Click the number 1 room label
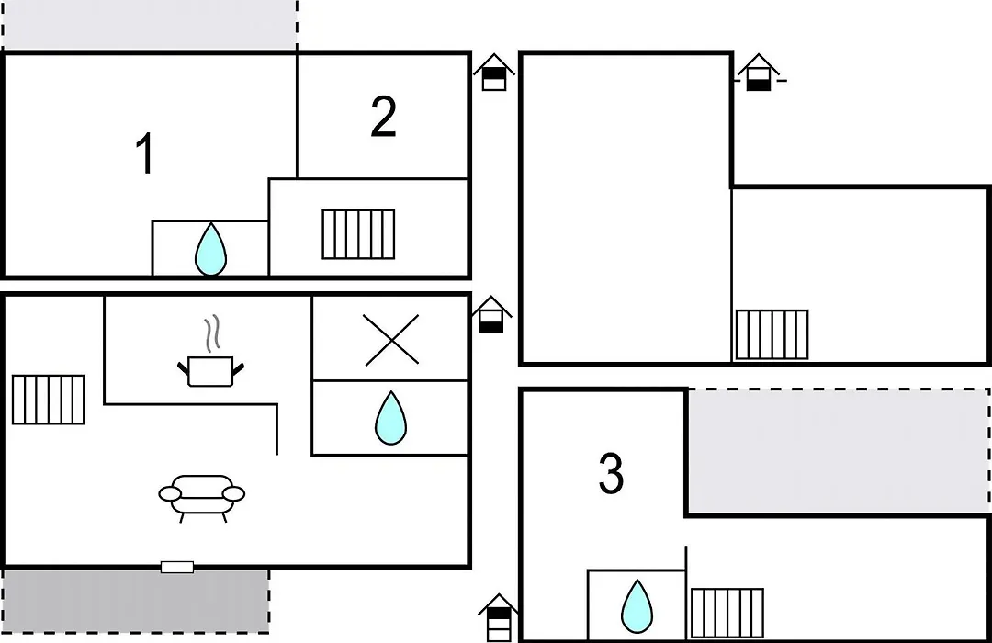coord(145,152)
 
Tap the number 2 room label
coord(383,116)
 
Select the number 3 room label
coord(611,473)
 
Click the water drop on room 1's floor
coord(210,249)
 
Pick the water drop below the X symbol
coord(390,418)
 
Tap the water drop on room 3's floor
coord(637,606)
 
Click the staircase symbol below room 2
coord(358,234)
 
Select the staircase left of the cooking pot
coord(48,400)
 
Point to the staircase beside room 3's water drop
coord(727,613)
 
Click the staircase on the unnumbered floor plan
coord(772,334)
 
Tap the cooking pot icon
coord(210,371)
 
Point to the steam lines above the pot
coord(212,333)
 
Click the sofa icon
coord(202,498)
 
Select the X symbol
coord(391,340)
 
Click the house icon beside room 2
coord(494,73)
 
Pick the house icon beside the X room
coord(491,314)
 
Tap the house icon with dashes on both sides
coord(759,73)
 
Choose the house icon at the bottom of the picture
coord(499,617)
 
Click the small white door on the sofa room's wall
coord(177,567)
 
